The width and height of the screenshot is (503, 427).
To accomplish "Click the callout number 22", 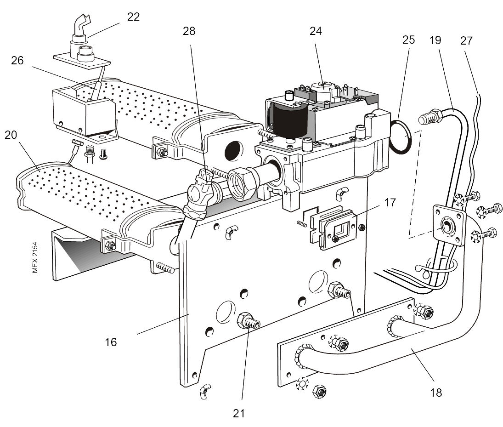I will pyautogui.click(x=134, y=17).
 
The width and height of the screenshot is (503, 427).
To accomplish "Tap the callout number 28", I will pyautogui.click(x=189, y=31).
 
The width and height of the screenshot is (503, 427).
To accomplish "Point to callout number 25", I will pyautogui.click(x=408, y=40).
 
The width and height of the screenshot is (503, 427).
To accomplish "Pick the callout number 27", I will pyautogui.click(x=466, y=40).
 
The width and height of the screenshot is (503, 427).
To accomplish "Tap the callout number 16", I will pyautogui.click(x=111, y=342).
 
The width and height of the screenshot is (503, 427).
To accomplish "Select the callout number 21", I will pyautogui.click(x=238, y=413).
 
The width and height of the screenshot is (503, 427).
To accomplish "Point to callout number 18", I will pyautogui.click(x=435, y=393).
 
